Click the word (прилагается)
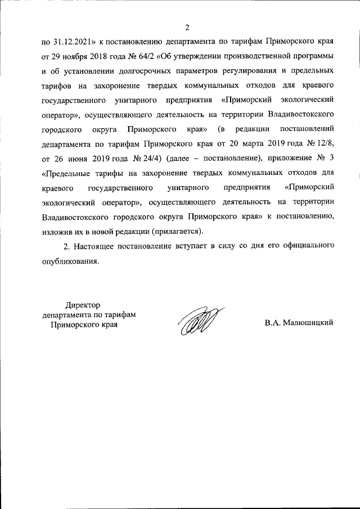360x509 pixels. point(175,231)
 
